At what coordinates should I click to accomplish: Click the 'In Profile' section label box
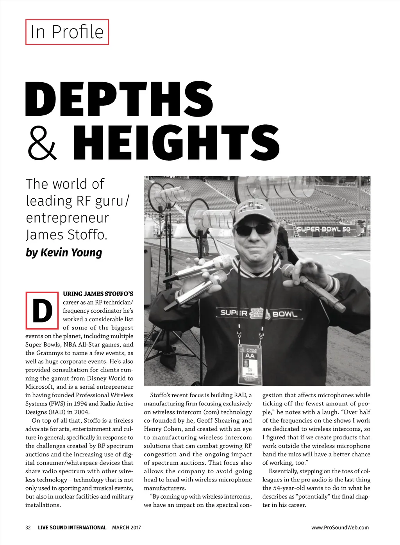tap(67, 32)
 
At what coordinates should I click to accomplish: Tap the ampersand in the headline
tap(42, 143)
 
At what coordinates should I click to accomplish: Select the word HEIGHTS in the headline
tap(176, 143)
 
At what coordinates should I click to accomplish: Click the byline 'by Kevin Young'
tap(64, 253)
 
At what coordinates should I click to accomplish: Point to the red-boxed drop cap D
tap(42, 310)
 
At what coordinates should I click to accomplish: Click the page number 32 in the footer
tap(28, 527)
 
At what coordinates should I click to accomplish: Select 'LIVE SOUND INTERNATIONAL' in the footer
tap(72, 527)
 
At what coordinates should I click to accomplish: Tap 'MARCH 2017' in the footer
tap(126, 527)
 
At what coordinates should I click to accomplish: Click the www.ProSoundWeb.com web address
tap(340, 527)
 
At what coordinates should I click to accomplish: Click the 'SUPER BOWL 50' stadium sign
tap(323, 229)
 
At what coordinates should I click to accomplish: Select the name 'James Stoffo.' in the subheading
tap(66, 235)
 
